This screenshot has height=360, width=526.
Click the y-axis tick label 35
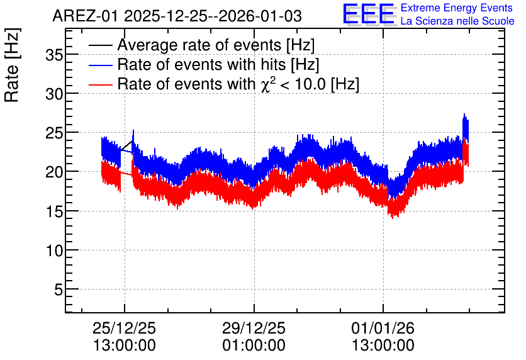point(54,55)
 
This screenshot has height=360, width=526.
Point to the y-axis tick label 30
point(54,94)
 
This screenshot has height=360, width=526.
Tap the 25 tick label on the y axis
point(54,133)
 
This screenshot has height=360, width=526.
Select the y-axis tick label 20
point(54,172)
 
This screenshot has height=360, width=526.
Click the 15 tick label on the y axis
point(54,211)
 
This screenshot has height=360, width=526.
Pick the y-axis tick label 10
point(54,250)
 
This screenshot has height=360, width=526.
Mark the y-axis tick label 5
point(59,290)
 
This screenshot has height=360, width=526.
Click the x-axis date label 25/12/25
point(124,328)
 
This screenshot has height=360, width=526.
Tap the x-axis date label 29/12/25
point(254,328)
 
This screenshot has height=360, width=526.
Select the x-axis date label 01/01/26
point(383,328)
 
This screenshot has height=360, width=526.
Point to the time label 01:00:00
point(254,346)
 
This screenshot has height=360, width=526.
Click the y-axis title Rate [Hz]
point(12,65)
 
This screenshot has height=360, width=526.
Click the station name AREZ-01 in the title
point(85,16)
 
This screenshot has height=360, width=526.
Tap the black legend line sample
point(101,45)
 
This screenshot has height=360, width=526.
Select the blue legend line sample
point(101,65)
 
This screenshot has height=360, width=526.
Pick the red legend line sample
point(101,84)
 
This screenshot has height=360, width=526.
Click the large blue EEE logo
point(369,14)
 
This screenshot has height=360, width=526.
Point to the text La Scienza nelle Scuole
point(457,21)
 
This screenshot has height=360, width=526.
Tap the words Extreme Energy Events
point(457,8)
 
